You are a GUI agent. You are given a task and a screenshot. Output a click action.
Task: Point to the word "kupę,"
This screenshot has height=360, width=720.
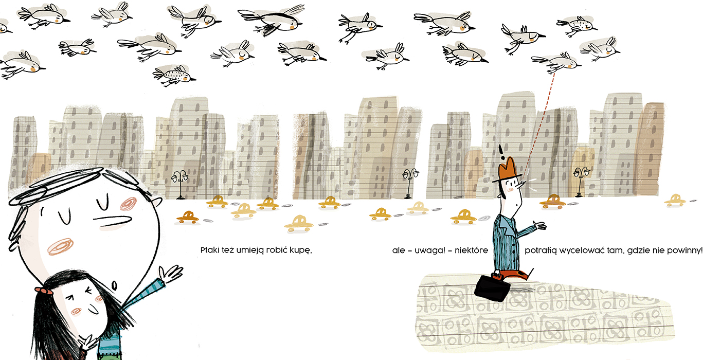301,250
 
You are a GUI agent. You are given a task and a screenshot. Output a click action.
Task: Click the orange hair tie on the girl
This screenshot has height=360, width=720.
45,291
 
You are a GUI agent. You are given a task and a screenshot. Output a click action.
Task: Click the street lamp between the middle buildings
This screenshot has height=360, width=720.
410,183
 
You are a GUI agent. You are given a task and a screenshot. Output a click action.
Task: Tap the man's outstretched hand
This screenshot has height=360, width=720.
539,225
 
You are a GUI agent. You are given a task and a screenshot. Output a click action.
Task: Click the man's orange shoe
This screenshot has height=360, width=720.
514,275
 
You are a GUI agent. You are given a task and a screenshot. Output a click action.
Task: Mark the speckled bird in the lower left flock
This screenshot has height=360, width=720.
174,76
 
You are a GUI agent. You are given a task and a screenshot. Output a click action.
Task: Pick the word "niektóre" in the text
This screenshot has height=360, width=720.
471,250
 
